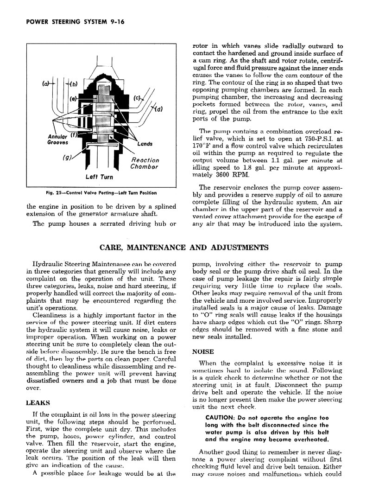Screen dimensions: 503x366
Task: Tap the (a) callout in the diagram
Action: (x=46, y=84)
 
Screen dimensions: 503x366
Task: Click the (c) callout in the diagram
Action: (x=137, y=98)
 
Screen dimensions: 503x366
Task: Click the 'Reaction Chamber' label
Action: (x=145, y=163)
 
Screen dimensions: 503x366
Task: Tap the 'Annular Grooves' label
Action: (x=58, y=140)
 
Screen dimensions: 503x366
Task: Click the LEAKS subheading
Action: (x=38, y=403)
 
